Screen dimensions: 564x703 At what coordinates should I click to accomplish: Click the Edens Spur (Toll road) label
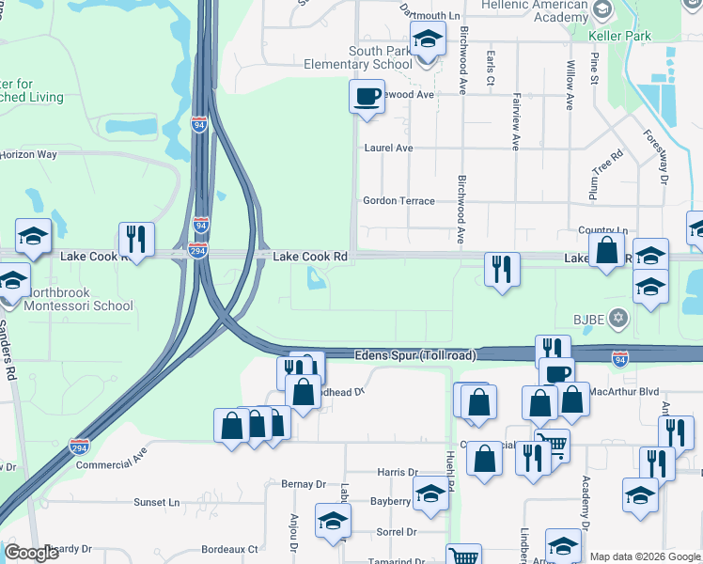414,356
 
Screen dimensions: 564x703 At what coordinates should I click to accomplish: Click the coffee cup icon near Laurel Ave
367,95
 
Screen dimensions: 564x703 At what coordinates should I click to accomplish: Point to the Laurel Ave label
388,149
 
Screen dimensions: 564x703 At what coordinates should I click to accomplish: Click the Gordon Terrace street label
398,201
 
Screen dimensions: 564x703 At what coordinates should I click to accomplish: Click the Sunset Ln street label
156,503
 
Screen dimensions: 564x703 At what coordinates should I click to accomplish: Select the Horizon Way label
28,154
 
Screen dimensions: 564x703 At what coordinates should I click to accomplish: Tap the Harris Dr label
397,473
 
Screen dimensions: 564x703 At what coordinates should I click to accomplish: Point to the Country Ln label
602,230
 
